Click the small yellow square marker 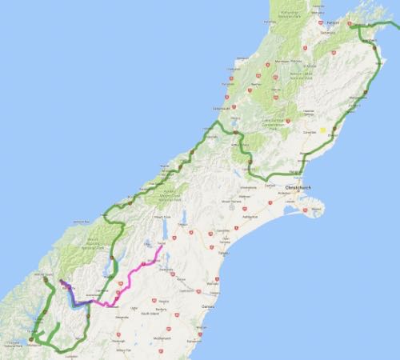tap(323, 128)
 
